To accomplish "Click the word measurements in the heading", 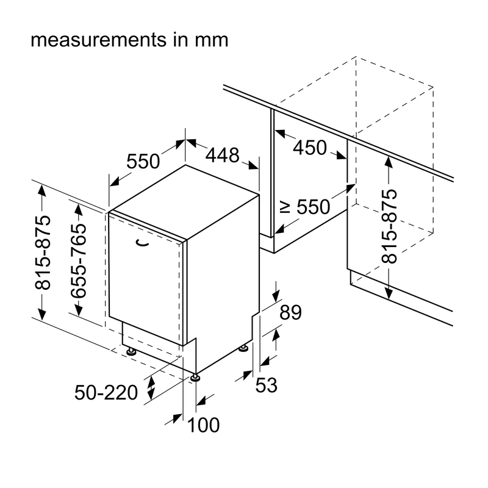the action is [x=99, y=40].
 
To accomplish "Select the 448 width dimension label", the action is [x=222, y=155].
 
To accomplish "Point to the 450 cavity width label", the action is [x=310, y=148].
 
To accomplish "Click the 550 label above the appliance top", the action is [x=143, y=161].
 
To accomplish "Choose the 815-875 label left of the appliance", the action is [x=43, y=253].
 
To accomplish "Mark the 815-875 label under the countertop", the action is [x=389, y=226].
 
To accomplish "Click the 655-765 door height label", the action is [x=78, y=261].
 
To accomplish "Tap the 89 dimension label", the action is [x=291, y=312].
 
